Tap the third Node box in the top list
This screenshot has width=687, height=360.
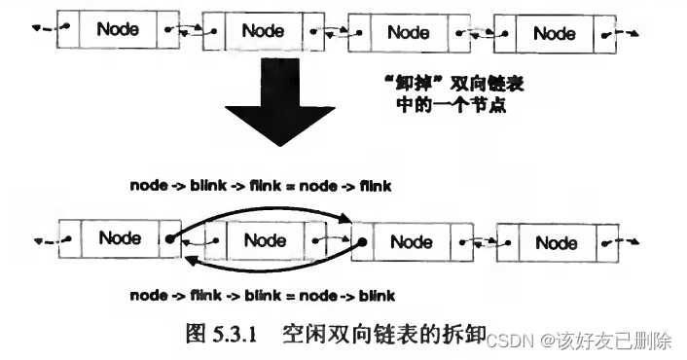409,32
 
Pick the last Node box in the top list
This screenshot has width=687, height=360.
555,33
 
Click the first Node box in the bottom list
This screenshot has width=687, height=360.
120,237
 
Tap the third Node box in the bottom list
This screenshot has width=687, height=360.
410,239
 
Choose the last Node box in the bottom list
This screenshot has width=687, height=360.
557,240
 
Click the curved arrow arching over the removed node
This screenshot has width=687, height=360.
263,212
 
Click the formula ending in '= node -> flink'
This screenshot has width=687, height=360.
260,186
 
